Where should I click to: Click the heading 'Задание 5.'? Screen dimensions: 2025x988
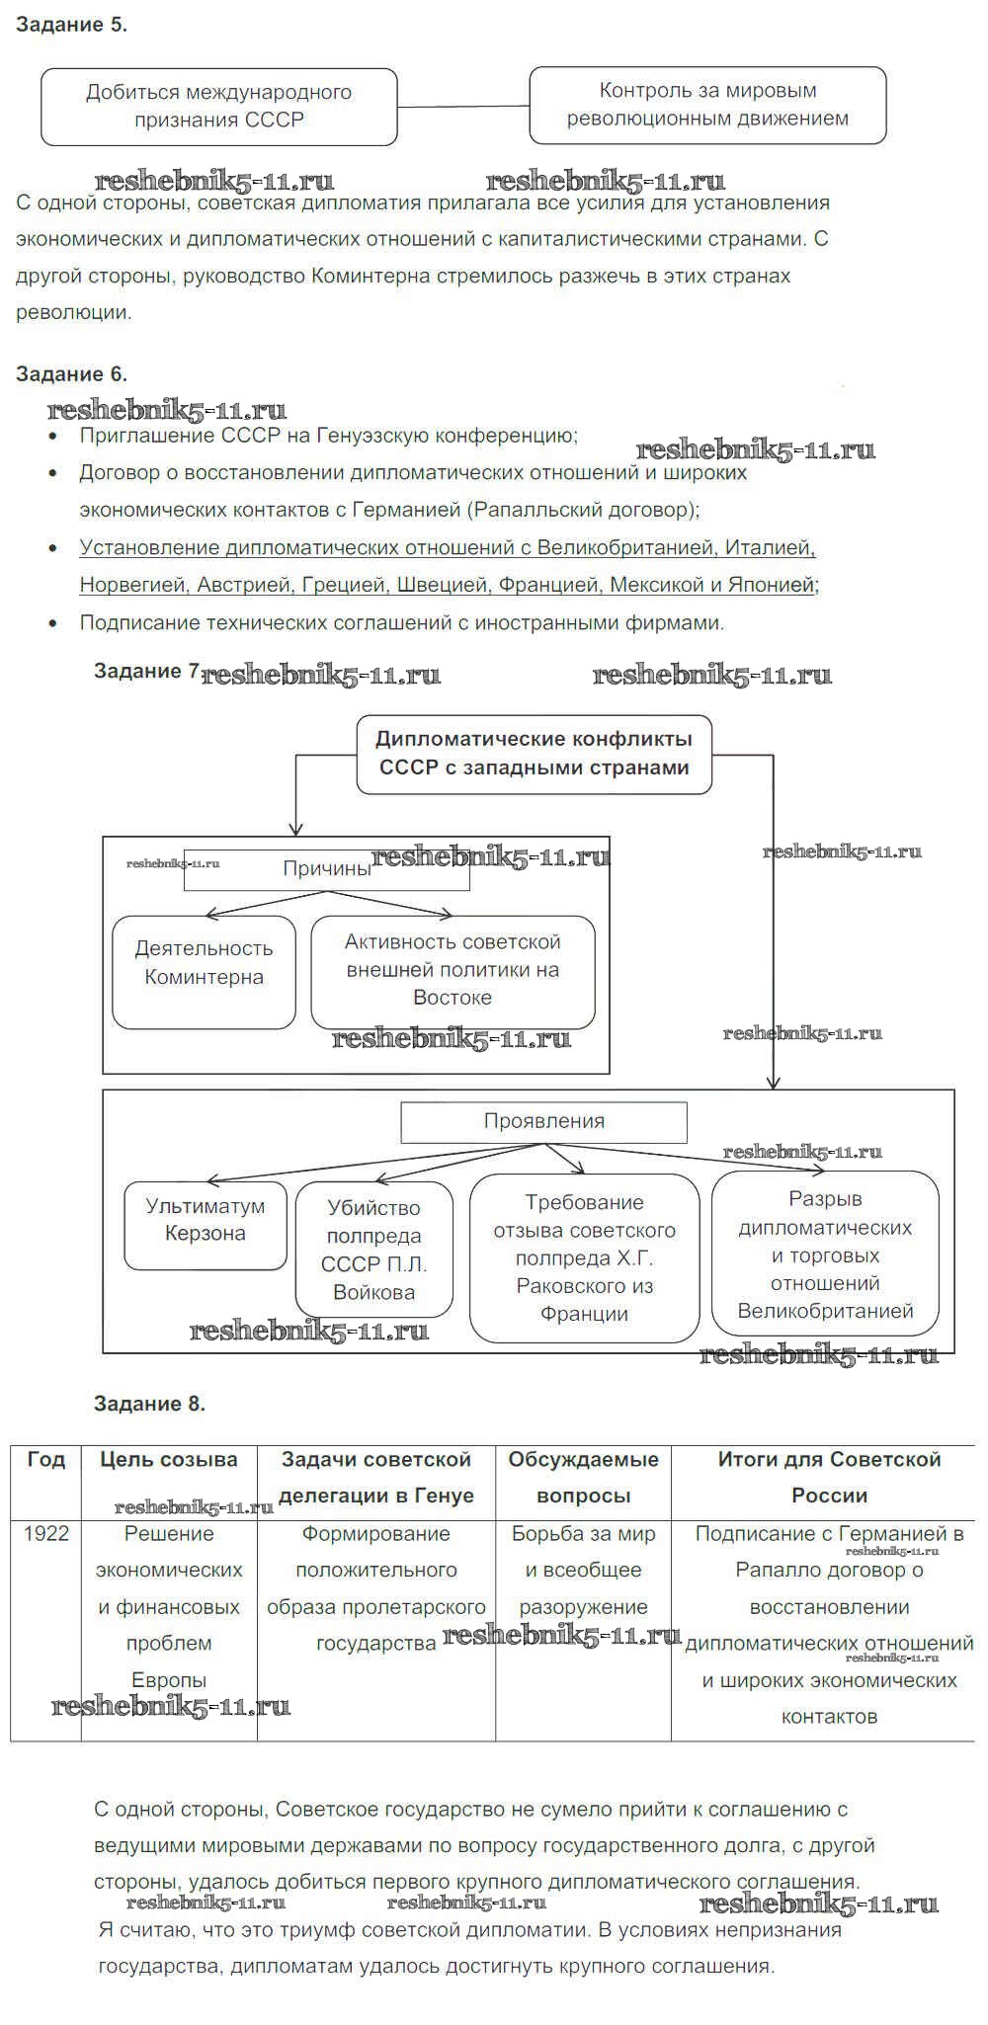pyautogui.click(x=71, y=25)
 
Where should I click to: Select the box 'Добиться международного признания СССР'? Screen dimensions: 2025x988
pyautogui.click(x=218, y=106)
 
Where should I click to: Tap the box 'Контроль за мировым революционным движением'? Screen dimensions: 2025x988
pyautogui.click(x=707, y=105)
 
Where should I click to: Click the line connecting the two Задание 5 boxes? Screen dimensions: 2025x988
pyautogui.click(x=463, y=106)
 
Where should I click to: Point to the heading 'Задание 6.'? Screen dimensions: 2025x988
pyautogui.click(x=71, y=374)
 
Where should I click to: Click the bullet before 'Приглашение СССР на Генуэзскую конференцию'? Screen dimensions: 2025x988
pyautogui.click(x=54, y=437)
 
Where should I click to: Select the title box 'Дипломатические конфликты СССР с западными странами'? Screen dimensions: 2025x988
pyautogui.click(x=534, y=754)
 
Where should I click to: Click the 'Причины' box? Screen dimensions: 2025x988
pyautogui.click(x=326, y=869)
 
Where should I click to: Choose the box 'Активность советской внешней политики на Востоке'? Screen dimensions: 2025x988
pyautogui.click(x=453, y=971)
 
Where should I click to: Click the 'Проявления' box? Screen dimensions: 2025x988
pyautogui.click(x=543, y=1121)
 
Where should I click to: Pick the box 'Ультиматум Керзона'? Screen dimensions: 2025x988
pyautogui.click(x=205, y=1225)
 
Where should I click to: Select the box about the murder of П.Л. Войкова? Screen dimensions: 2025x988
pyautogui.click(x=373, y=1250)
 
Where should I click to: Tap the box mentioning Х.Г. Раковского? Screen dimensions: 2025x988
pyautogui.click(x=584, y=1257)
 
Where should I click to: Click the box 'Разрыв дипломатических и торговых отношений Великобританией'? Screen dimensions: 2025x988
pyautogui.click(x=825, y=1254)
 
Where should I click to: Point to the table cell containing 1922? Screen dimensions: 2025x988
pyautogui.click(x=46, y=1533)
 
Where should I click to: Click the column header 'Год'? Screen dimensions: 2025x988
pyautogui.click(x=46, y=1459)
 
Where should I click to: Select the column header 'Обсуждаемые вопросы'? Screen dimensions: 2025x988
pyautogui.click(x=583, y=1477)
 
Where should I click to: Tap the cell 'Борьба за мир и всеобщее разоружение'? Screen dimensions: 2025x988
pyautogui.click(x=583, y=1571)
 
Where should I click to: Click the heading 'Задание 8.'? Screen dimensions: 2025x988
pyautogui.click(x=149, y=1404)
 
